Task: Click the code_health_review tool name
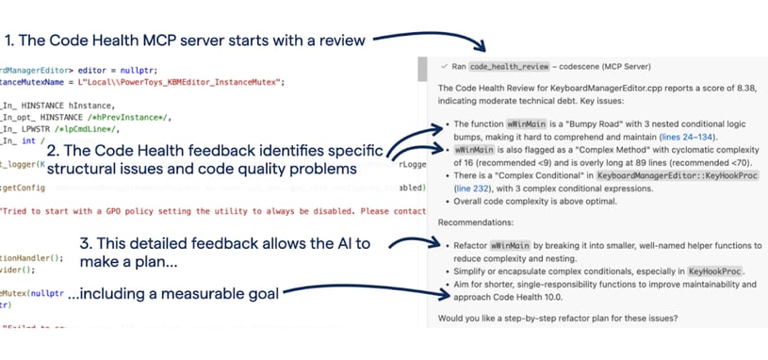tap(500, 67)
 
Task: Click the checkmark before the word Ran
tap(443, 67)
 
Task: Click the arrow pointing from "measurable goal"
tap(358, 293)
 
